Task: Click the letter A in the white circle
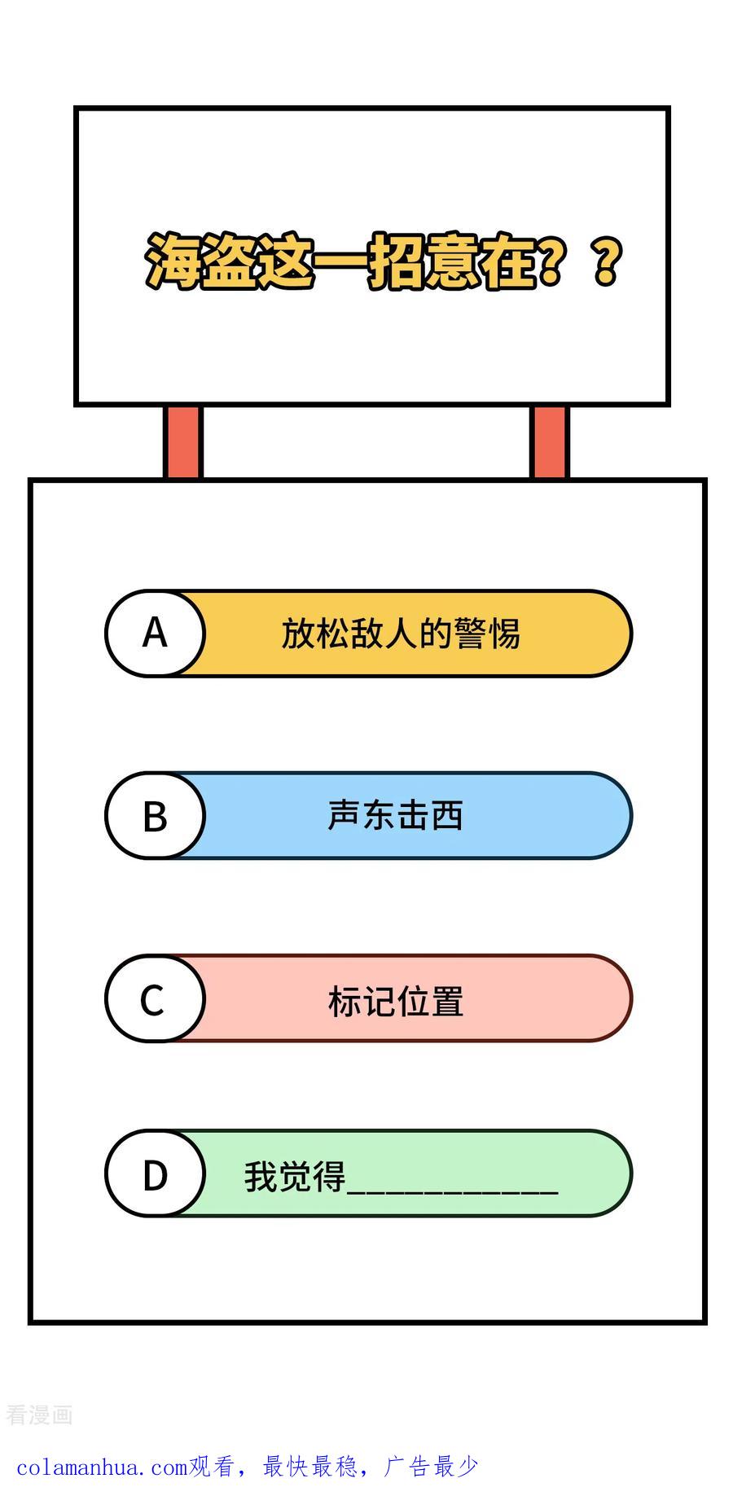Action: click(155, 633)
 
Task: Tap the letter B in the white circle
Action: click(155, 816)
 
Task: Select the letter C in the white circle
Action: click(152, 1000)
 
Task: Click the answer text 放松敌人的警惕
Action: click(400, 634)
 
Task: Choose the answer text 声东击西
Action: click(396, 816)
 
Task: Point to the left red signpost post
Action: click(182, 442)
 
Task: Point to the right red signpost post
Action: click(550, 442)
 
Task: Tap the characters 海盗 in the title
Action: click(201, 261)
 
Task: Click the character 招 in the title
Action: click(397, 261)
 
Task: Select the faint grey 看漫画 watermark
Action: click(39, 1415)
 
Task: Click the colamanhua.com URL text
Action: click(102, 1467)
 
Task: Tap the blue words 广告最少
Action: click(432, 1467)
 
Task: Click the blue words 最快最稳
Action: click(309, 1467)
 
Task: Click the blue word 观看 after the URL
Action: click(212, 1467)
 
